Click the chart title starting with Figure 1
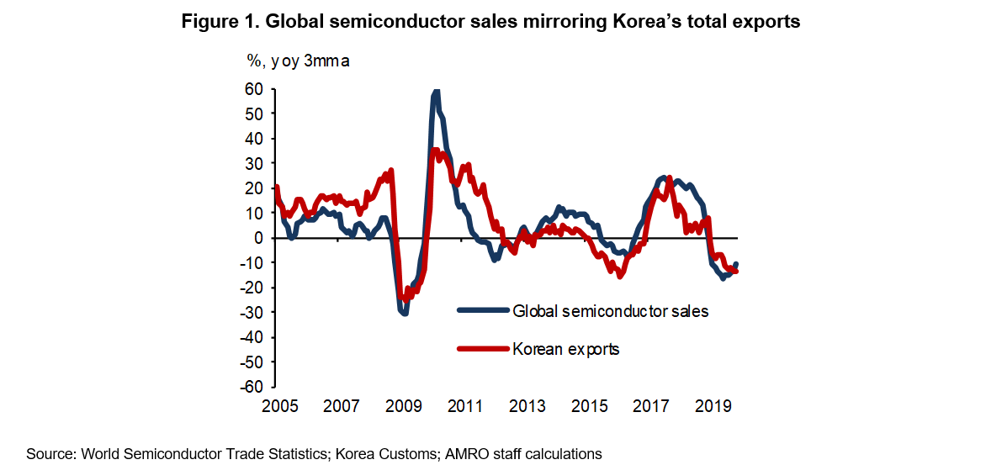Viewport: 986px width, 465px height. (492, 23)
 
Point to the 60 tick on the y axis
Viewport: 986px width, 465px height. (254, 89)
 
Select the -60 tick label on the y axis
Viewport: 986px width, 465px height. (252, 387)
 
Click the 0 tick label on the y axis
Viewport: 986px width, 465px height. (258, 238)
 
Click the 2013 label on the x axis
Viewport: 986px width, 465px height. (527, 406)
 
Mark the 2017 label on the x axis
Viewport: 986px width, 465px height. (651, 406)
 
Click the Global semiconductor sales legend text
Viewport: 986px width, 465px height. (610, 311)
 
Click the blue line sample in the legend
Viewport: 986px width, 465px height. (484, 310)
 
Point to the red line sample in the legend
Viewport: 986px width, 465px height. (484, 348)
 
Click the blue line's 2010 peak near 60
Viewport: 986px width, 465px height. (436, 91)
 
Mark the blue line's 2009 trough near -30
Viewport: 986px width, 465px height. (405, 313)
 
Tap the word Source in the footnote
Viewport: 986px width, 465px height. (50, 454)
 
